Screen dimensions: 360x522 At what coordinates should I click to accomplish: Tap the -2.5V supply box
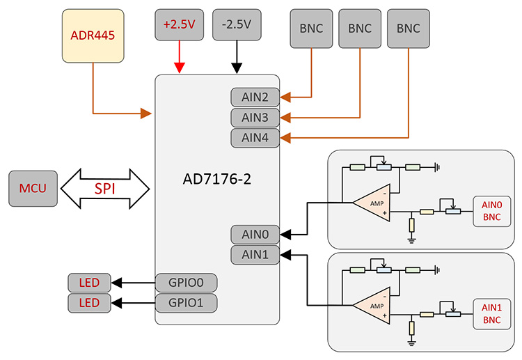[x=237, y=24]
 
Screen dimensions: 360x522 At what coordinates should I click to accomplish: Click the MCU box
[x=33, y=188]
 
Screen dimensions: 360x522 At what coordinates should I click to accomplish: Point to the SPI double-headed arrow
[x=105, y=188]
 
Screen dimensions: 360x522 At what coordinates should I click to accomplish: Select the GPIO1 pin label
[x=186, y=303]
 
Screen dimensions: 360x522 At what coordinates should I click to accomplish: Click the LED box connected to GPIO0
[x=89, y=283]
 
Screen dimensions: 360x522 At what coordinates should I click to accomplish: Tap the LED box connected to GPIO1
[x=89, y=303]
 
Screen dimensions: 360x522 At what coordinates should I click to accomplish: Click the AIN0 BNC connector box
[x=491, y=211]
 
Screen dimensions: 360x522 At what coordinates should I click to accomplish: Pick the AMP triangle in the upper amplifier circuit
[x=374, y=203]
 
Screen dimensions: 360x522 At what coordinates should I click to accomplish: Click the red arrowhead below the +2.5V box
[x=180, y=68]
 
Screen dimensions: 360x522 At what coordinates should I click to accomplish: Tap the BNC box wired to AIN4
[x=408, y=29]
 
